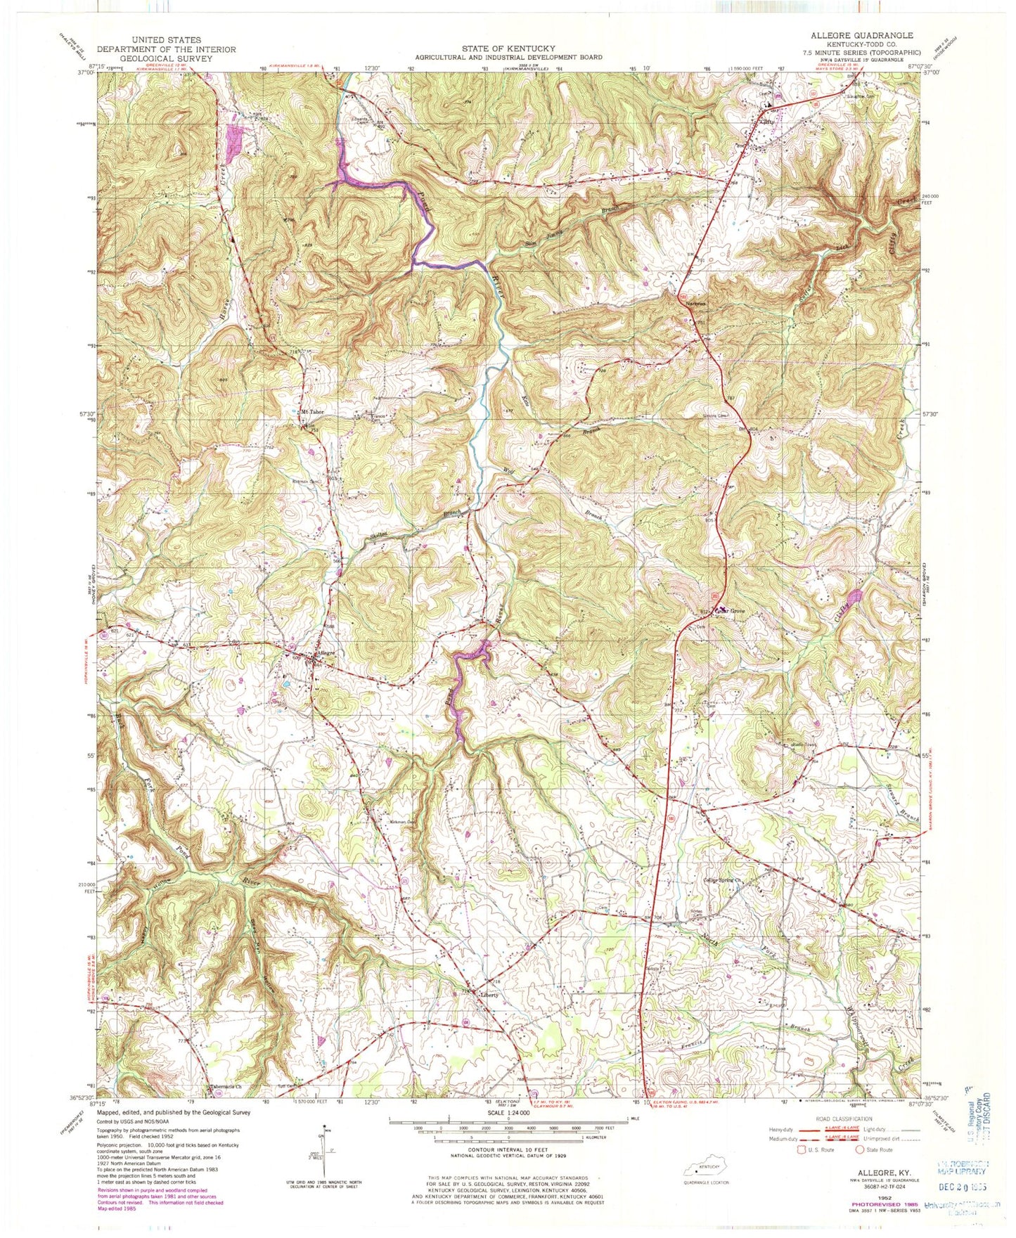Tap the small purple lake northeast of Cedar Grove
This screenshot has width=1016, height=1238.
pyautogui.click(x=854, y=598)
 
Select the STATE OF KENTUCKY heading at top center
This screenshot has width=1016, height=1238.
pyautogui.click(x=508, y=49)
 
